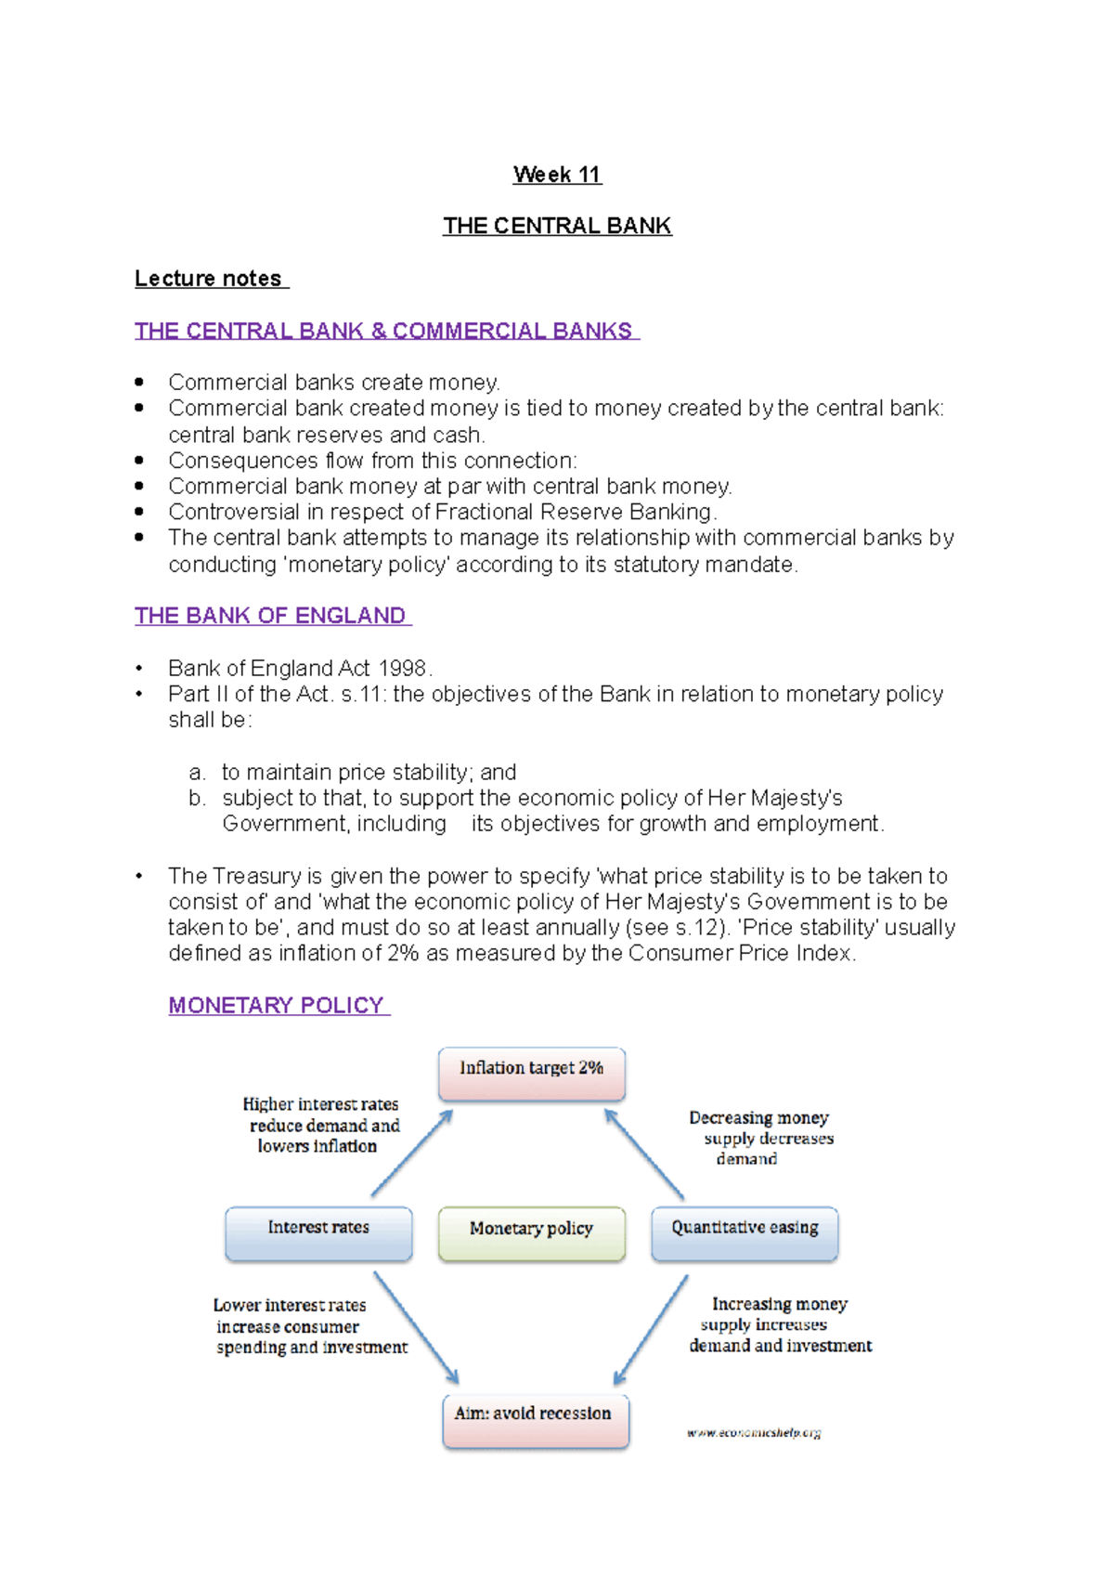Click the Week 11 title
557,175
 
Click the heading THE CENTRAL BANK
557,226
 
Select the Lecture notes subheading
210,279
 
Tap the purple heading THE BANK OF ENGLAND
271,616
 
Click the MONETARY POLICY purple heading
278,1006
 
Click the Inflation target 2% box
532,1074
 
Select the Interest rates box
318,1233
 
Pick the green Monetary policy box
532,1233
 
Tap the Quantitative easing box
745,1233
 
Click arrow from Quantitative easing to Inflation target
644,1154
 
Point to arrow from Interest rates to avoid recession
416,1327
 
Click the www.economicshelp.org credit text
754,1433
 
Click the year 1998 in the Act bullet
402,669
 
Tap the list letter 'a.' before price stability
196,773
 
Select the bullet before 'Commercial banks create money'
139,382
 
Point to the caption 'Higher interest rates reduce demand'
320,1125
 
